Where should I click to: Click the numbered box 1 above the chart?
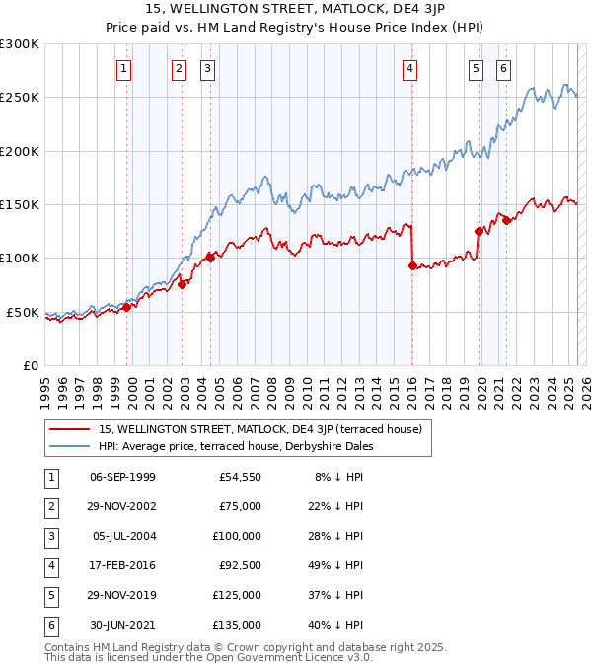[x=123, y=69]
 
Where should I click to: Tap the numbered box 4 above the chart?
[x=408, y=69]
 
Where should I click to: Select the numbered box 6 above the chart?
[x=503, y=69]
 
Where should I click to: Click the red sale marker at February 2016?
[x=411, y=265]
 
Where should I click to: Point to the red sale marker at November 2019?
[x=479, y=231]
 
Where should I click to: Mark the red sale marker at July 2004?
[x=210, y=258]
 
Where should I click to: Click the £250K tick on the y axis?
[x=20, y=98]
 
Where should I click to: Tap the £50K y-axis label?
[x=23, y=312]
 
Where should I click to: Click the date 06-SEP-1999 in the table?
[x=122, y=477]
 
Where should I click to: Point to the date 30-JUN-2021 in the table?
[x=122, y=625]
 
